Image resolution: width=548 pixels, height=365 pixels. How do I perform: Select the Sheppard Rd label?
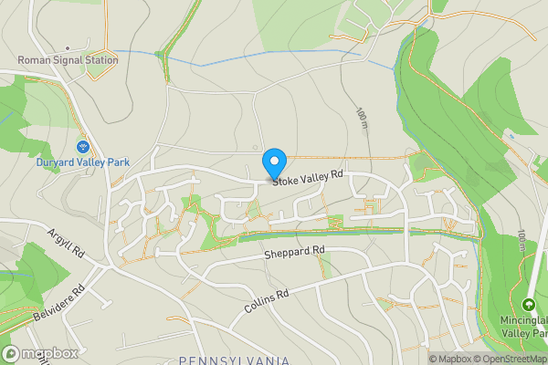tap(294, 250)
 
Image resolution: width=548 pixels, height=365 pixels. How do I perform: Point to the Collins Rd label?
tap(266, 303)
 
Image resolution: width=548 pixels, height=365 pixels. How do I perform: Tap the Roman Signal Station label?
tap(68, 61)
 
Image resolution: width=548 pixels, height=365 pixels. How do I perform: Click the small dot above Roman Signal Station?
tap(68, 47)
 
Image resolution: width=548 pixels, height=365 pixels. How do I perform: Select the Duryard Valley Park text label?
tap(82, 162)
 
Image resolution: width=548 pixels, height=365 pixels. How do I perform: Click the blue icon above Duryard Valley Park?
tap(82, 147)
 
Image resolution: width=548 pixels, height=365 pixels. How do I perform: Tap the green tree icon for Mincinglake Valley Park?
tap(528, 304)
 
